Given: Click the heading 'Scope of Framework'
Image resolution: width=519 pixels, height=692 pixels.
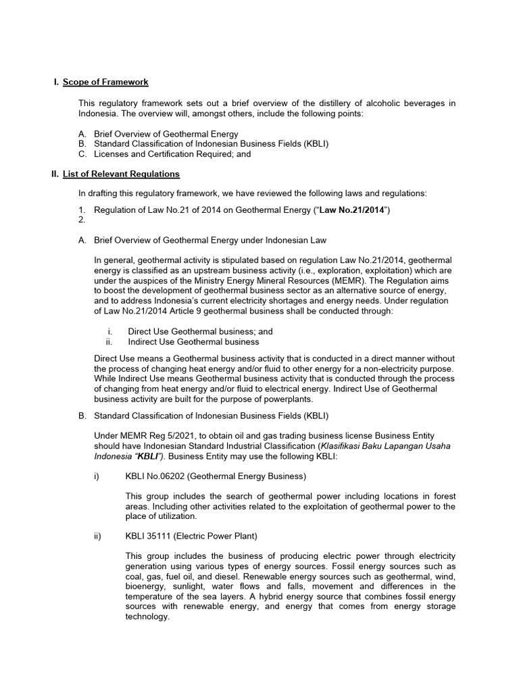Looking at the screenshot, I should (x=105, y=82).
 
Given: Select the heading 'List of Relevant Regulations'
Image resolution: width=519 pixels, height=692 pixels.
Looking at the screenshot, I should (x=121, y=174).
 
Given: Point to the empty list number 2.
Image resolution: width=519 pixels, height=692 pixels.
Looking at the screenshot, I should (x=82, y=220).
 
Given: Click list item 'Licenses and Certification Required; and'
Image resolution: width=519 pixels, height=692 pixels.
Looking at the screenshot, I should (x=172, y=154).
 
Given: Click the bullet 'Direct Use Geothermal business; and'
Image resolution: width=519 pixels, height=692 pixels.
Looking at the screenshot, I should (x=200, y=332).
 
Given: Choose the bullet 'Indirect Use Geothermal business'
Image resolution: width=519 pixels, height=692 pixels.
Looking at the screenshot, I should (x=193, y=342).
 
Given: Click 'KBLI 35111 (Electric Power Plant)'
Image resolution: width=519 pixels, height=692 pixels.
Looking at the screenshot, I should (x=191, y=537).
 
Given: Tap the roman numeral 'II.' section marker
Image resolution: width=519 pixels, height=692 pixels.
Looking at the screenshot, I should (x=55, y=174).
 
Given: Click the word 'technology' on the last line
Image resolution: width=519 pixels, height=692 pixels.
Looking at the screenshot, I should (x=146, y=617).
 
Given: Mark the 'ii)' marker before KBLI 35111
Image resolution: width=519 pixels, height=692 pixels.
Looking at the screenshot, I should (x=98, y=537).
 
